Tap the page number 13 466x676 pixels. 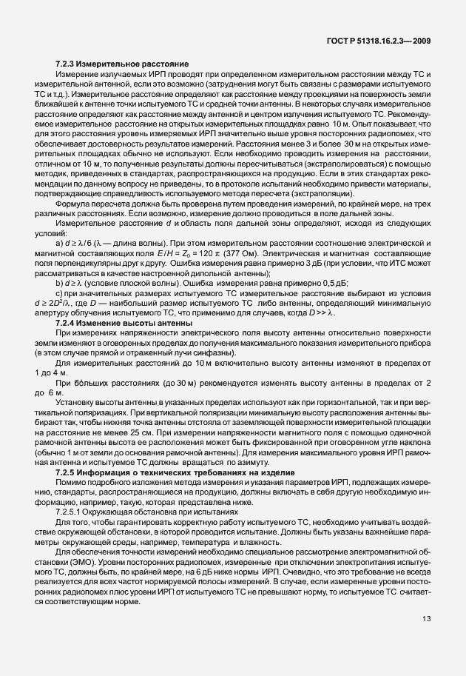427,640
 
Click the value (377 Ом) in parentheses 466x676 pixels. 253,254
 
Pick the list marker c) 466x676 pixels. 59,292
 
